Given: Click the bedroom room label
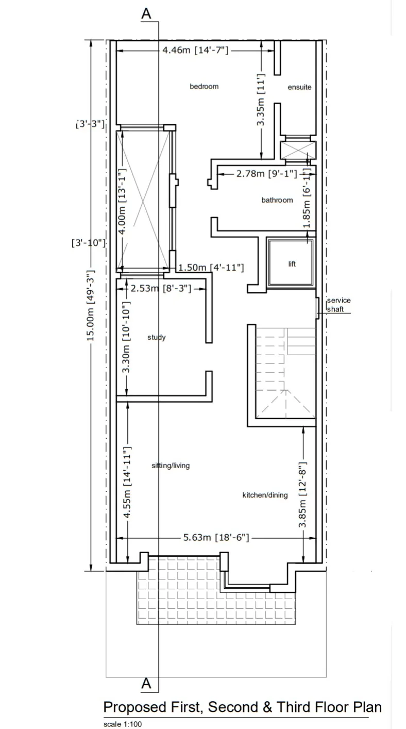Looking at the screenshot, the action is tap(204, 87).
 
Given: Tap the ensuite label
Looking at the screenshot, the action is tap(299, 87).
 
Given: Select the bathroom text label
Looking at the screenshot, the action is tap(277, 200).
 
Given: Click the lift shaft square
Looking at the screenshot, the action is tap(291, 262).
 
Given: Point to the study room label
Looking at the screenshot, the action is tap(157, 338).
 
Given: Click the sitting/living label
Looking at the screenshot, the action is tap(171, 466).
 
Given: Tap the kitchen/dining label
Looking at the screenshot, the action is tap(265, 495).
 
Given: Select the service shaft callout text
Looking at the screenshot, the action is tap(339, 305).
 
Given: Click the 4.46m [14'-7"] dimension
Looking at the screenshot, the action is tap(195, 50).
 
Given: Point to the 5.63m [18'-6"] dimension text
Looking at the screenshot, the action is tap(216, 537).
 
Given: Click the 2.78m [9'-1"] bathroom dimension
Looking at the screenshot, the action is tap(266, 174).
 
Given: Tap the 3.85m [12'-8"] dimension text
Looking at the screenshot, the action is tap(302, 495).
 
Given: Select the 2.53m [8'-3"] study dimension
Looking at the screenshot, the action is tap(161, 288).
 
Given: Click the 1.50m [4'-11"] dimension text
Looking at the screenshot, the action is tap(211, 268).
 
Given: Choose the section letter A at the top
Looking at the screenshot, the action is tap(146, 14).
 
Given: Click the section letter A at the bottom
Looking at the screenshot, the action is tap(146, 684).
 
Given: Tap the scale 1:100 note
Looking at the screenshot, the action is tap(123, 724).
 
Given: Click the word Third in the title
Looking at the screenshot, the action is tap(296, 707).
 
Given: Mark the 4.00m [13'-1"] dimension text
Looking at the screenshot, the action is tap(122, 202).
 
